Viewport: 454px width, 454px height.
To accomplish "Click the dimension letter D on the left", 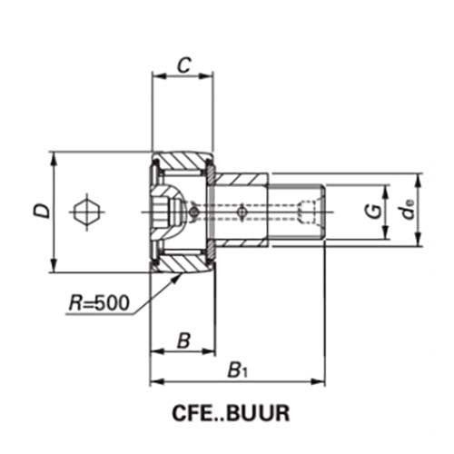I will (x=40, y=212).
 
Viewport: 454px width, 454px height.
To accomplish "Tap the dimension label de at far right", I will (x=410, y=212).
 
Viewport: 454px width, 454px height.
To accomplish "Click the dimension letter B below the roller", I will (x=183, y=340).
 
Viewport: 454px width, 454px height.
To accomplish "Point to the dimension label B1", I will (x=237, y=370).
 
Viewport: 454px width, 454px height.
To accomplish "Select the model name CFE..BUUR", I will (x=230, y=412).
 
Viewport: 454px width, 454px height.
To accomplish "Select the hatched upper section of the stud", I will (x=241, y=185).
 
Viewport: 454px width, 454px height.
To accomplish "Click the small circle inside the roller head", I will (x=193, y=212).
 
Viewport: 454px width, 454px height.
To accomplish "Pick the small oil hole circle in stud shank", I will (x=241, y=212).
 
